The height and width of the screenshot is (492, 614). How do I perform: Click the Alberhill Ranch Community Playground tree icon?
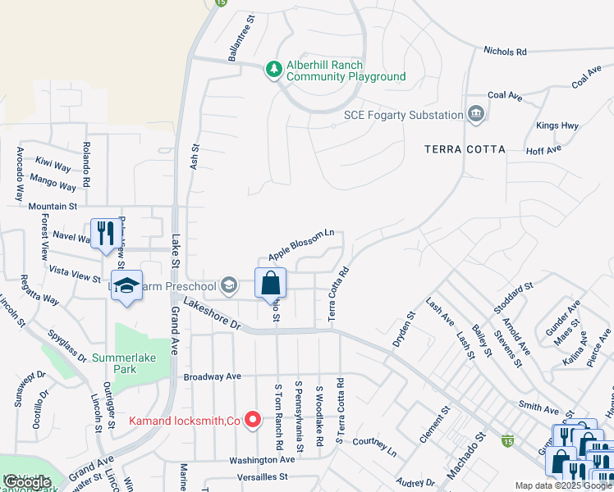(x=273, y=71)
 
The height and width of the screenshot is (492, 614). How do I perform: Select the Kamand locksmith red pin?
(x=254, y=421)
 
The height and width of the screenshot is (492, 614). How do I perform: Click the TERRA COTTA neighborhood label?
(x=465, y=149)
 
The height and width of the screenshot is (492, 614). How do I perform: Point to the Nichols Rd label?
(x=505, y=52)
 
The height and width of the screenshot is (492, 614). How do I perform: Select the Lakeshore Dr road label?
(x=212, y=314)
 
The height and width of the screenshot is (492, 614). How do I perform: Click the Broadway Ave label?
(x=212, y=377)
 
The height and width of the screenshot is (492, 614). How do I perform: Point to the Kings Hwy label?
(x=557, y=125)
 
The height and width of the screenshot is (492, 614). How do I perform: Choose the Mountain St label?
(x=52, y=207)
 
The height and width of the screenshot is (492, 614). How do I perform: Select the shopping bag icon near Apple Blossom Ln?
(x=271, y=284)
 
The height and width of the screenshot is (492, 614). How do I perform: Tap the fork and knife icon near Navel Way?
(x=103, y=234)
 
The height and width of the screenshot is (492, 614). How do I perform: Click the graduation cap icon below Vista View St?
(x=126, y=285)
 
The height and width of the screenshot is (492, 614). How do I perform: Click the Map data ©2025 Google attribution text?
(x=562, y=485)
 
